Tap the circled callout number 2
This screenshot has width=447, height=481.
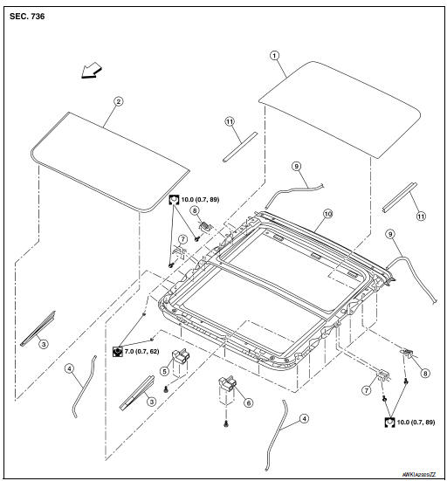click(x=119, y=101)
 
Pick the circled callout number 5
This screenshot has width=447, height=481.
click(x=163, y=370)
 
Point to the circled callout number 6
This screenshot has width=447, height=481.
click(x=248, y=402)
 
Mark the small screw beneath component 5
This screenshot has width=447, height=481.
click(x=166, y=388)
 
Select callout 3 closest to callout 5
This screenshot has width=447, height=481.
click(x=151, y=401)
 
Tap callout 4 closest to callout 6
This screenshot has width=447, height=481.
click(x=303, y=419)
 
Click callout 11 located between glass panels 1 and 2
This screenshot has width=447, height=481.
click(x=230, y=124)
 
